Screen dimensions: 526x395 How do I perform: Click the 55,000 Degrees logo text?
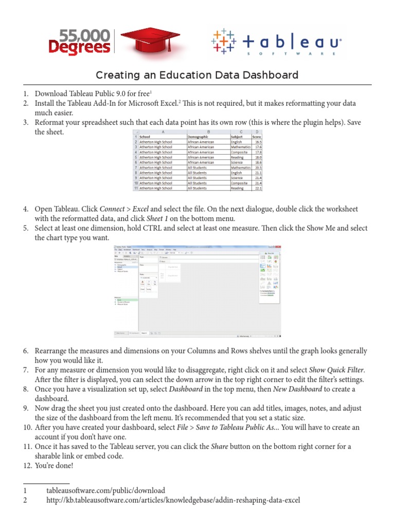79,42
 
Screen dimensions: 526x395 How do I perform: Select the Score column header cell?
257,137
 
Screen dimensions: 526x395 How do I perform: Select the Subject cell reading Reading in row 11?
237,189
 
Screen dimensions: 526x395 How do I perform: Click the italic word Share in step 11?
220,446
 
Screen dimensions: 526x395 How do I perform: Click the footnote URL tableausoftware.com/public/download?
105,490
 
